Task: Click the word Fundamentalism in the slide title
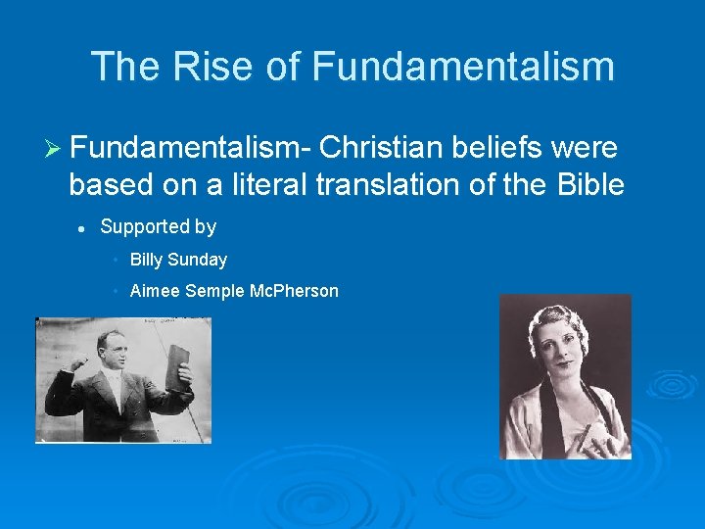(x=463, y=67)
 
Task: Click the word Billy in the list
(x=146, y=260)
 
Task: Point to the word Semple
(x=213, y=291)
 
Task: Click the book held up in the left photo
(x=178, y=366)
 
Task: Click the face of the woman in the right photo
(x=559, y=349)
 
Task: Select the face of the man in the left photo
(x=108, y=352)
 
